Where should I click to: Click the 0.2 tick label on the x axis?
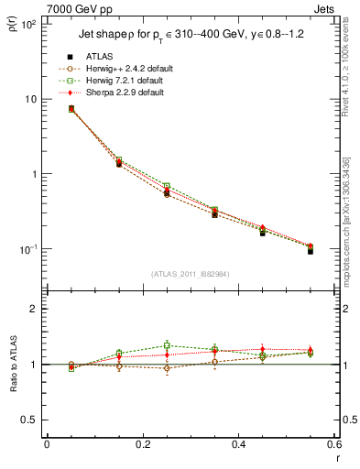pos(142,445)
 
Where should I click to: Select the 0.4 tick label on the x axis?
pos(238,445)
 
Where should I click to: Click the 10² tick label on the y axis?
pos(27,25)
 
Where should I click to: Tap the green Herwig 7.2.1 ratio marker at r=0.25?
pos(167,345)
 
